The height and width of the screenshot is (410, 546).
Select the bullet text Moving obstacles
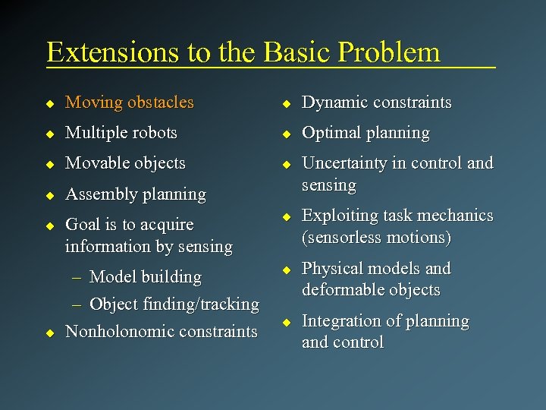pyautogui.click(x=130, y=102)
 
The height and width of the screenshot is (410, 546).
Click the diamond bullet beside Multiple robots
pyautogui.click(x=50, y=133)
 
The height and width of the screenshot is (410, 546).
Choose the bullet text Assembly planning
pyautogui.click(x=136, y=194)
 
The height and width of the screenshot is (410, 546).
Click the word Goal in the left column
pyautogui.click(x=83, y=225)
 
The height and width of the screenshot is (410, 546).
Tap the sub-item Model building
pyautogui.click(x=145, y=277)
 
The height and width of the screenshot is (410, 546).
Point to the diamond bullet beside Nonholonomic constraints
pyautogui.click(x=50, y=333)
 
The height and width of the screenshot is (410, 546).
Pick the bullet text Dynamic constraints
pyautogui.click(x=376, y=102)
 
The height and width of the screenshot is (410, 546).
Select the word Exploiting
pyautogui.click(x=340, y=216)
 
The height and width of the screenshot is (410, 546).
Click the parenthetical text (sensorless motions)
pyautogui.click(x=376, y=238)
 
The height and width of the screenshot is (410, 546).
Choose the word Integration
pyautogui.click(x=340, y=321)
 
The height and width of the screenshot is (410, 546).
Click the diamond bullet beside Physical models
pyautogui.click(x=287, y=270)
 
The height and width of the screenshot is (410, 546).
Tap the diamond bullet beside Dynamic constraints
pyautogui.click(x=287, y=102)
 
